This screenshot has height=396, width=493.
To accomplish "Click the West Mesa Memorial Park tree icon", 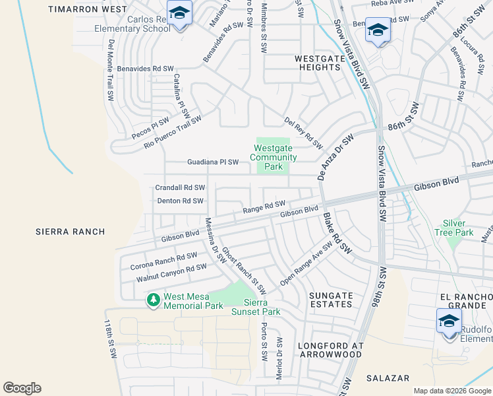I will pyautogui.click(x=154, y=300).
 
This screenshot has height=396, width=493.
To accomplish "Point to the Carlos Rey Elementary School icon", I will pyautogui.click(x=179, y=13).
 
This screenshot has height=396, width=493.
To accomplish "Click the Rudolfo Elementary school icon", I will pyautogui.click(x=449, y=321).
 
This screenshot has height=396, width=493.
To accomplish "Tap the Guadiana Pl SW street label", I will pyautogui.click(x=213, y=162).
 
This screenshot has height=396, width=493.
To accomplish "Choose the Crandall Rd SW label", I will pyautogui.click(x=180, y=188).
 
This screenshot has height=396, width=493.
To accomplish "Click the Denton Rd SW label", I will pyautogui.click(x=179, y=201).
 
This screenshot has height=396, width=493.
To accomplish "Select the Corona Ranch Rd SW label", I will pyautogui.click(x=163, y=261).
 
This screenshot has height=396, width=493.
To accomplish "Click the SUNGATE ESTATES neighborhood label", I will pyautogui.click(x=330, y=299).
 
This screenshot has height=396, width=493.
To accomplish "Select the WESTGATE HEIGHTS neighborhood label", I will pyautogui.click(x=319, y=63).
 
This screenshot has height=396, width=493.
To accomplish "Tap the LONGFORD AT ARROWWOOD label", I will pyautogui.click(x=330, y=350).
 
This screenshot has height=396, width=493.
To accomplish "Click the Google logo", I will pyautogui.click(x=22, y=388).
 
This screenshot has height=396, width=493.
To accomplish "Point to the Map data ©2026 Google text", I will pyautogui.click(x=451, y=391).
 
